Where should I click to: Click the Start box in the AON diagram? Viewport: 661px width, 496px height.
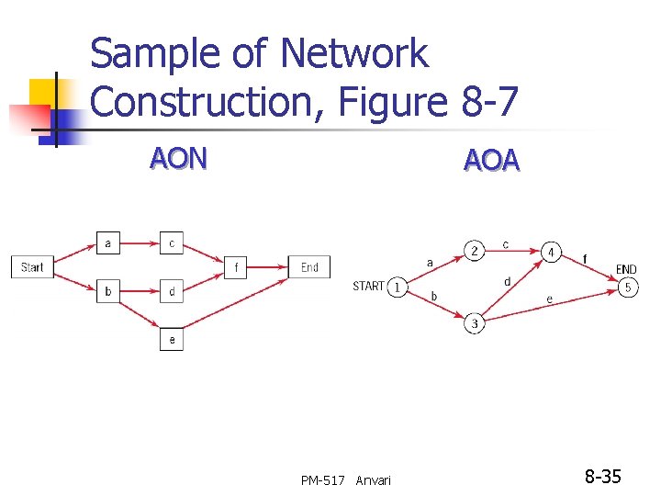pos(32,267)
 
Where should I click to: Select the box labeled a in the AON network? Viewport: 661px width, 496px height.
pos(108,243)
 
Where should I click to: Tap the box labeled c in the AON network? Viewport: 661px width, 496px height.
pos(172,243)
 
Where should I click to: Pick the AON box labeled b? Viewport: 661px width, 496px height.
pos(108,292)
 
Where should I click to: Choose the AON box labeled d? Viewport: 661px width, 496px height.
pos(172,292)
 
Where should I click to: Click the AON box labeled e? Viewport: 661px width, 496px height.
pos(172,339)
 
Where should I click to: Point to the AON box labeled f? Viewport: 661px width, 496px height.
pos(236,268)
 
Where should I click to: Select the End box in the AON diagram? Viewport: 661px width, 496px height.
pos(310,267)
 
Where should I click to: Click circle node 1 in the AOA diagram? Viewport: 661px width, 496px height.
pos(397,287)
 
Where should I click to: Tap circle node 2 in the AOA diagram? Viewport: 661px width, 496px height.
pos(474,251)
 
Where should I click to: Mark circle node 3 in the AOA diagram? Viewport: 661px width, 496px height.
pos(474,323)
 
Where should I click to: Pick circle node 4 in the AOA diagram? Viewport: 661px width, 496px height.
pos(551,251)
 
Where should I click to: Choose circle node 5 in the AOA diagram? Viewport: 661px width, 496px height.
pos(628,287)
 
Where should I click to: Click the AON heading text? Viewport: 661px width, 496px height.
pos(179,158)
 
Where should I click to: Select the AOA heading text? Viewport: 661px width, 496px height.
pos(492,161)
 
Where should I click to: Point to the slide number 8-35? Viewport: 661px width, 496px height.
pos(603,477)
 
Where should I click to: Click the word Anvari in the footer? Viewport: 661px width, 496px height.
pos(373,480)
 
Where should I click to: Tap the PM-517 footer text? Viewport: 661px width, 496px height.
pos(323,480)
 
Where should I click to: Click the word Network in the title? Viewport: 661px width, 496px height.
pos(353,55)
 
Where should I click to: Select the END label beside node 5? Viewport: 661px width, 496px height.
pos(626,269)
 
